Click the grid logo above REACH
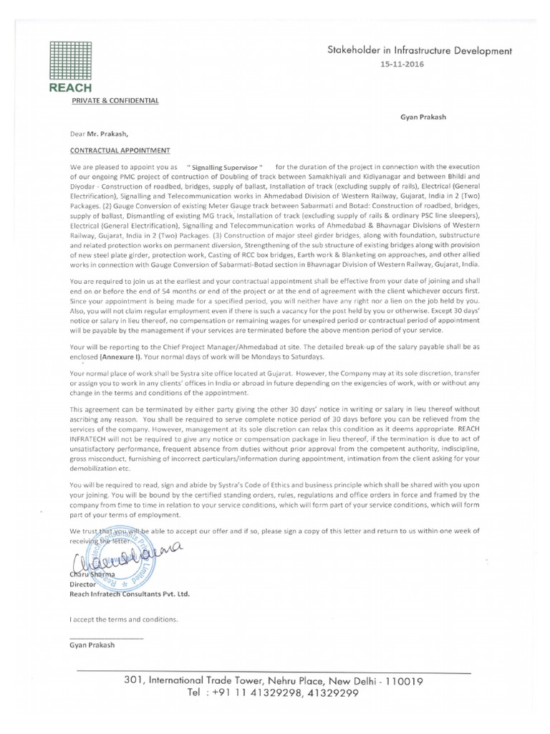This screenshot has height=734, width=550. (70, 60)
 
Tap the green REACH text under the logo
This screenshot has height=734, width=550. (70, 87)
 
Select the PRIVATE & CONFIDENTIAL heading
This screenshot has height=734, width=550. (115, 100)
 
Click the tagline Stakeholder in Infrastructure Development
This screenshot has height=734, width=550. (420, 51)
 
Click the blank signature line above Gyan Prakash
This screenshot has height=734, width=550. (106, 638)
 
